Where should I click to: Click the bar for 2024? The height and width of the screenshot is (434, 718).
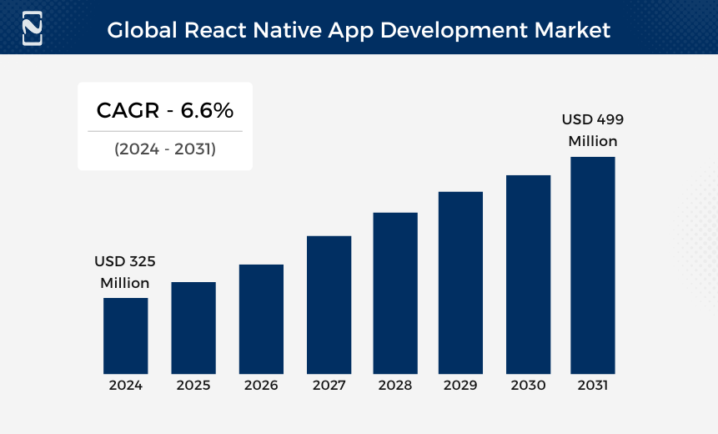tap(125, 336)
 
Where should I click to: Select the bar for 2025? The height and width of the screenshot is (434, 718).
tap(193, 328)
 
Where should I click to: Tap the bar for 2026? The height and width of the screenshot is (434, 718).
tap(261, 319)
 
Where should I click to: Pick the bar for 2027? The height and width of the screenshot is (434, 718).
tap(329, 305)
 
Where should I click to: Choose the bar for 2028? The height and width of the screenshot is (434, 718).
tap(395, 293)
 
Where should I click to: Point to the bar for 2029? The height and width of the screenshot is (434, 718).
tap(460, 283)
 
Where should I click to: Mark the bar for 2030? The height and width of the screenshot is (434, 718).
tap(528, 275)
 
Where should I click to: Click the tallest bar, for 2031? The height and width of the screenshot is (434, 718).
tap(593, 265)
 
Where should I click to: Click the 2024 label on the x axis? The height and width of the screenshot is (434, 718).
tap(125, 386)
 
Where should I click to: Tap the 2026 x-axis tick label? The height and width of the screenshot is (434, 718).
tap(261, 386)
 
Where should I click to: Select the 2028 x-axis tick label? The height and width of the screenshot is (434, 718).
tap(395, 386)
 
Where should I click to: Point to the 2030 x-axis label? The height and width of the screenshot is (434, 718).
tap(528, 386)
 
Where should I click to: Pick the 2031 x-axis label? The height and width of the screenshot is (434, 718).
tap(593, 386)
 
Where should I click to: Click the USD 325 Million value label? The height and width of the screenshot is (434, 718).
tap(125, 272)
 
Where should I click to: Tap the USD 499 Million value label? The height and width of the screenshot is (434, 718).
tap(593, 130)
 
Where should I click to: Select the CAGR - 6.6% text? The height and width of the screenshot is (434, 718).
tap(165, 110)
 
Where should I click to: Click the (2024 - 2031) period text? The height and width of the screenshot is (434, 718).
tap(165, 149)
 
